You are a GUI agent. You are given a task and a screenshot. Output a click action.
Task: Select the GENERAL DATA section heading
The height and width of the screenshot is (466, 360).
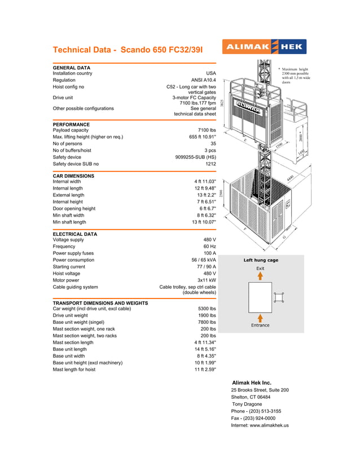[72, 68]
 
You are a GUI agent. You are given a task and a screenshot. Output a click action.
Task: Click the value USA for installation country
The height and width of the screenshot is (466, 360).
[211, 73]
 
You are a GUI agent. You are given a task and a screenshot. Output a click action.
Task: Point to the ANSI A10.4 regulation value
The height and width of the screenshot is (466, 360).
[204, 80]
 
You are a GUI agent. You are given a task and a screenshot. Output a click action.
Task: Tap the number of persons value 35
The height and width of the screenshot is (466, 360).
[213, 144]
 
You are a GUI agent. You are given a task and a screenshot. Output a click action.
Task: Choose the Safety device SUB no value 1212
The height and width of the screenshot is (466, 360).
[210, 164]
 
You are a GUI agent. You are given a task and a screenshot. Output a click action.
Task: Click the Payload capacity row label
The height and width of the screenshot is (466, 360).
[71, 130]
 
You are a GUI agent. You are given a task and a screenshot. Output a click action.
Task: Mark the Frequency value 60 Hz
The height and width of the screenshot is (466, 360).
[209, 247]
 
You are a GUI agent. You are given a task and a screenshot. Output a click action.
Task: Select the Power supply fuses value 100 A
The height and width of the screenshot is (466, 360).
[207, 253]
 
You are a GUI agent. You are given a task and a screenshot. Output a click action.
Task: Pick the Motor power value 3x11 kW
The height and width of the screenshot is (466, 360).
[205, 280]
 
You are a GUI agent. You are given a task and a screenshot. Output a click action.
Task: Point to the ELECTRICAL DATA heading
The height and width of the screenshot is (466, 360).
[75, 234]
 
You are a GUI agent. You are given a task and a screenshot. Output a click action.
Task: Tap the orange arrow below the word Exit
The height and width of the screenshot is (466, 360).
[260, 276]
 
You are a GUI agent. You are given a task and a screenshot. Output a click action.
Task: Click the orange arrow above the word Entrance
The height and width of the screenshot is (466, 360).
[260, 318]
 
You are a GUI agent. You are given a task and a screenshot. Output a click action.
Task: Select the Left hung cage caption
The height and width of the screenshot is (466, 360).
[261, 260]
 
